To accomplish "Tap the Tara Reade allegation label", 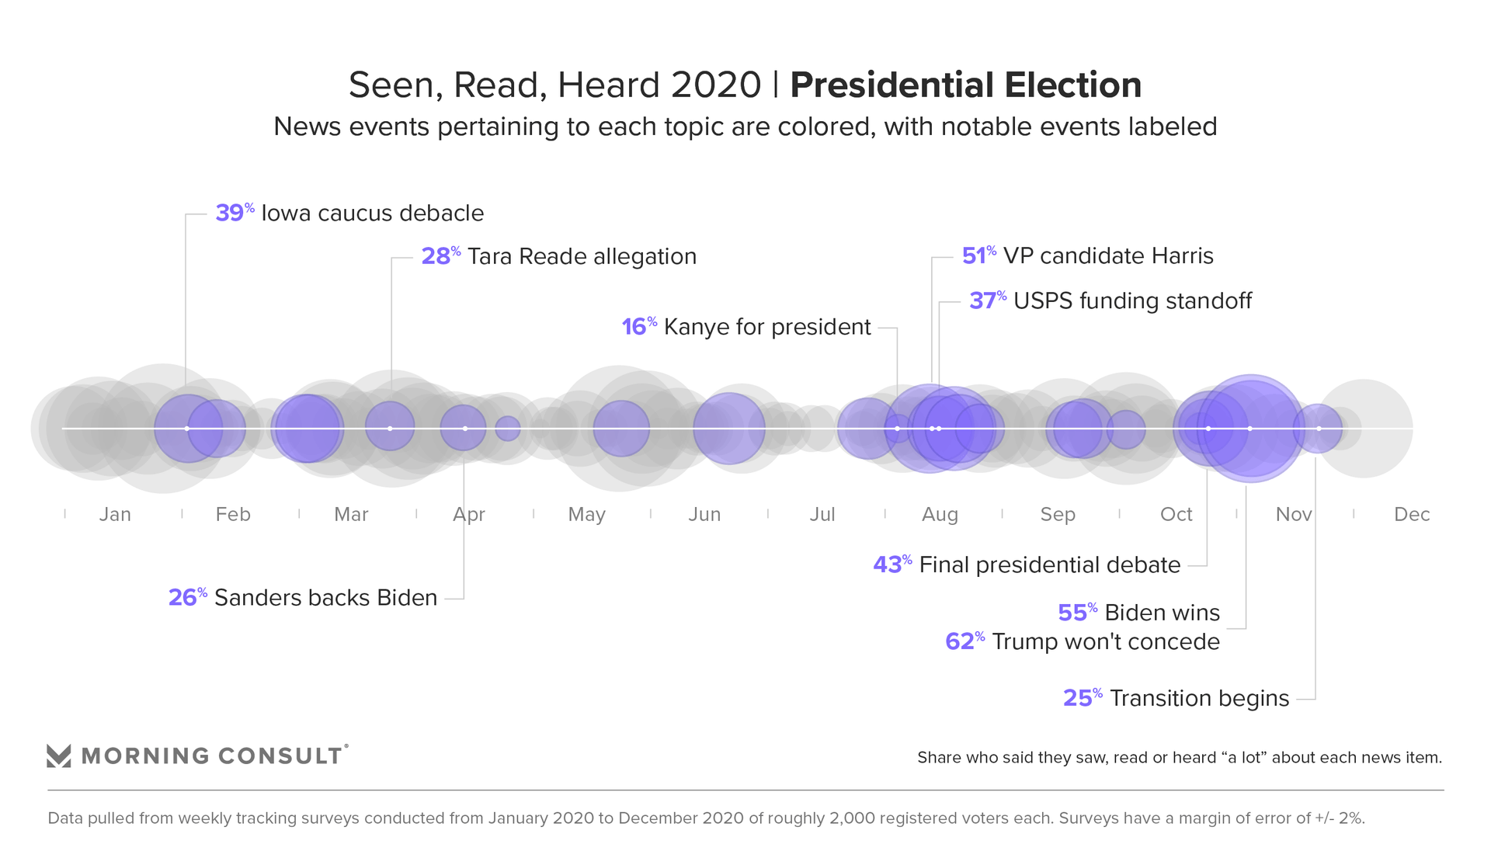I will [582, 256].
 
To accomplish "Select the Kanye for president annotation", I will [767, 327].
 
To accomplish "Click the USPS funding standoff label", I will [1132, 300].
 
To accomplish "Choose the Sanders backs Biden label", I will [325, 597].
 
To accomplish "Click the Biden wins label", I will [1162, 613].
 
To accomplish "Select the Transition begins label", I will [1199, 698].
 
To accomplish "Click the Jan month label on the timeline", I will [115, 514].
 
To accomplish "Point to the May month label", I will [586, 514].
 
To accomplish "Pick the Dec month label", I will [1411, 514].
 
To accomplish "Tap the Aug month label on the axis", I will [940, 514].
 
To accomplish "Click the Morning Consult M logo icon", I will [59, 756].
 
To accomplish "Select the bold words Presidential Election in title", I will [965, 85].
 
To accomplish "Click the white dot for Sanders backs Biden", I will [465, 429].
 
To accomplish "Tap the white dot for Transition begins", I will [1319, 429].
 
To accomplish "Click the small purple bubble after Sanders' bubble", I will [508, 429].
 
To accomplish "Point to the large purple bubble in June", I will [729, 429].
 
